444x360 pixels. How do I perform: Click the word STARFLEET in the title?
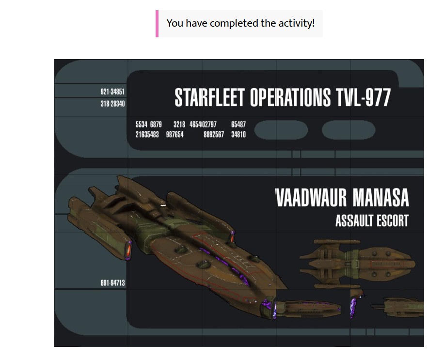(x=209, y=97)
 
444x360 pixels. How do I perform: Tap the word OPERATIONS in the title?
(x=290, y=97)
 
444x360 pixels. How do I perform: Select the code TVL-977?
(x=364, y=97)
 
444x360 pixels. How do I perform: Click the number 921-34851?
(x=112, y=92)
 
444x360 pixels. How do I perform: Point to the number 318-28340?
(x=112, y=104)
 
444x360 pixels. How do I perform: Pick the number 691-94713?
(x=112, y=283)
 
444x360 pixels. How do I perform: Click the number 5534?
(x=142, y=124)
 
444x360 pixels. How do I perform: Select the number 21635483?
(x=147, y=134)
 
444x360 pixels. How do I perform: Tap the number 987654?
(x=174, y=134)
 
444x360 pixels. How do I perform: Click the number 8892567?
(x=214, y=134)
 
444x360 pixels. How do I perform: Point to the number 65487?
(x=238, y=124)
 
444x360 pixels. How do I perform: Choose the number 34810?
(x=238, y=134)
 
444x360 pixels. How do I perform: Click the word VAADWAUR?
(x=311, y=198)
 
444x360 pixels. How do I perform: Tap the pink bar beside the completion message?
(x=157, y=24)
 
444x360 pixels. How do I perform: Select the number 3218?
(x=179, y=124)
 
